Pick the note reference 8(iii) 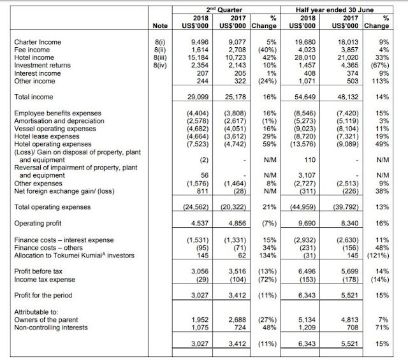[x=159, y=57]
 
